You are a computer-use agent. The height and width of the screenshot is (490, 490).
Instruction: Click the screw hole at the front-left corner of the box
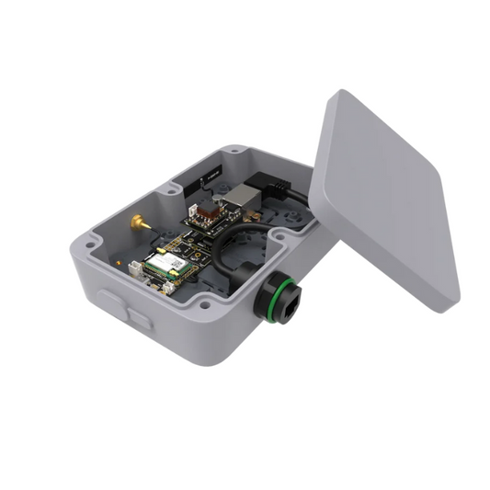tap(92, 245)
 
